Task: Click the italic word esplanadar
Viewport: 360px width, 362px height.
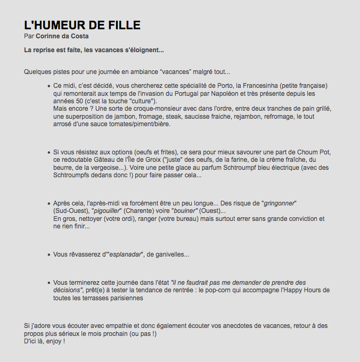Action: tap(126, 254)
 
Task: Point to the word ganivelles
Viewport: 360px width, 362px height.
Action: tap(171, 254)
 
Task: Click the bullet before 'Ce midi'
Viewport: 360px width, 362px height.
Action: tap(48, 86)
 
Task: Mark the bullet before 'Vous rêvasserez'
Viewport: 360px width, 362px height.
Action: tap(48, 254)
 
